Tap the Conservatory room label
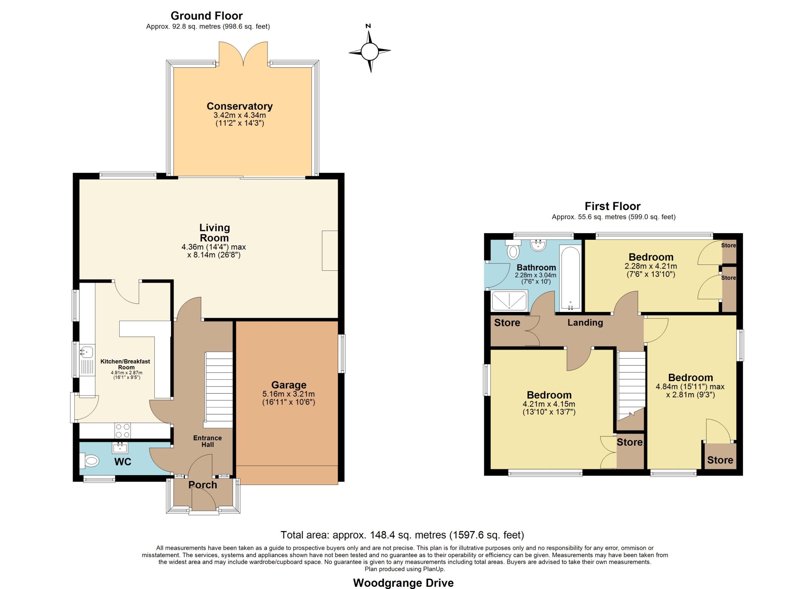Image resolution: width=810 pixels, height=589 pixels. [x=240, y=106]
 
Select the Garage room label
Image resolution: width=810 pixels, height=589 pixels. [x=289, y=385]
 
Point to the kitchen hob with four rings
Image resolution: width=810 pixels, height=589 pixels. [x=122, y=431]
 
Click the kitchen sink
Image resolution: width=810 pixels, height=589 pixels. [x=86, y=352]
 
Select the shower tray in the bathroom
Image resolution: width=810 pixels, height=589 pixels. [x=509, y=301]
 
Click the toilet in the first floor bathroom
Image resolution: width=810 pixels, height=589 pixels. [x=513, y=249]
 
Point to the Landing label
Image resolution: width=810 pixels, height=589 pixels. [x=585, y=323]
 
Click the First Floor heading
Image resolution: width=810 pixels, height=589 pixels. [x=613, y=206]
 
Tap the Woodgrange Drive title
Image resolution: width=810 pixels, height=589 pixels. [x=403, y=583]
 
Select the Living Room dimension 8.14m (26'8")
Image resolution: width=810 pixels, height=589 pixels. [x=214, y=255]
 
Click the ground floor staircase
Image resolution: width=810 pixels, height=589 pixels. [x=218, y=390]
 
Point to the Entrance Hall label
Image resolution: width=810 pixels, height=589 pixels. [x=208, y=441]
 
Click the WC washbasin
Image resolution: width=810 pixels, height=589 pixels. [x=120, y=447]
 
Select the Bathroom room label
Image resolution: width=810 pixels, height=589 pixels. [x=536, y=267]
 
